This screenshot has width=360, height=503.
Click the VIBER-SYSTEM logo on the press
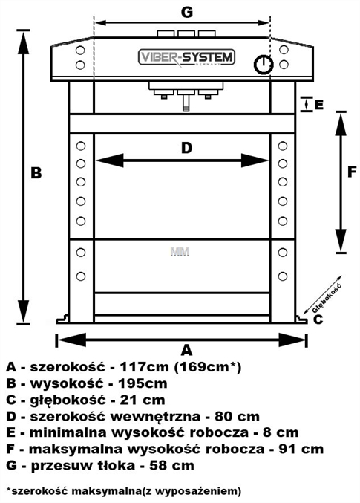point(186,58)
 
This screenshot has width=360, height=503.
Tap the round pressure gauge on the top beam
point(264,65)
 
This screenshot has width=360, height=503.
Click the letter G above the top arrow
point(187,12)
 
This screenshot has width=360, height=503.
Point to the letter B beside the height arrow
point(36,172)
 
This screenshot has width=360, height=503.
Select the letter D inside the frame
point(186,148)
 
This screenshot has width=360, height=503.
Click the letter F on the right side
point(352,172)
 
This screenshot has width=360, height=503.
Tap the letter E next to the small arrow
point(318,105)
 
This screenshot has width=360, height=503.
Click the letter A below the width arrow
point(186,350)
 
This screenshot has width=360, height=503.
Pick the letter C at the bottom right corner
point(318,319)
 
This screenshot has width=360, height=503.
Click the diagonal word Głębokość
point(327,298)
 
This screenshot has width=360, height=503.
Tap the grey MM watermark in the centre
point(180,251)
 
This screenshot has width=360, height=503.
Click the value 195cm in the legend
point(143,383)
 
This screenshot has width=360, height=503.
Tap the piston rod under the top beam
point(186,103)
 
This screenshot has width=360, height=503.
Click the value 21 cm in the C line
point(143,400)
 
